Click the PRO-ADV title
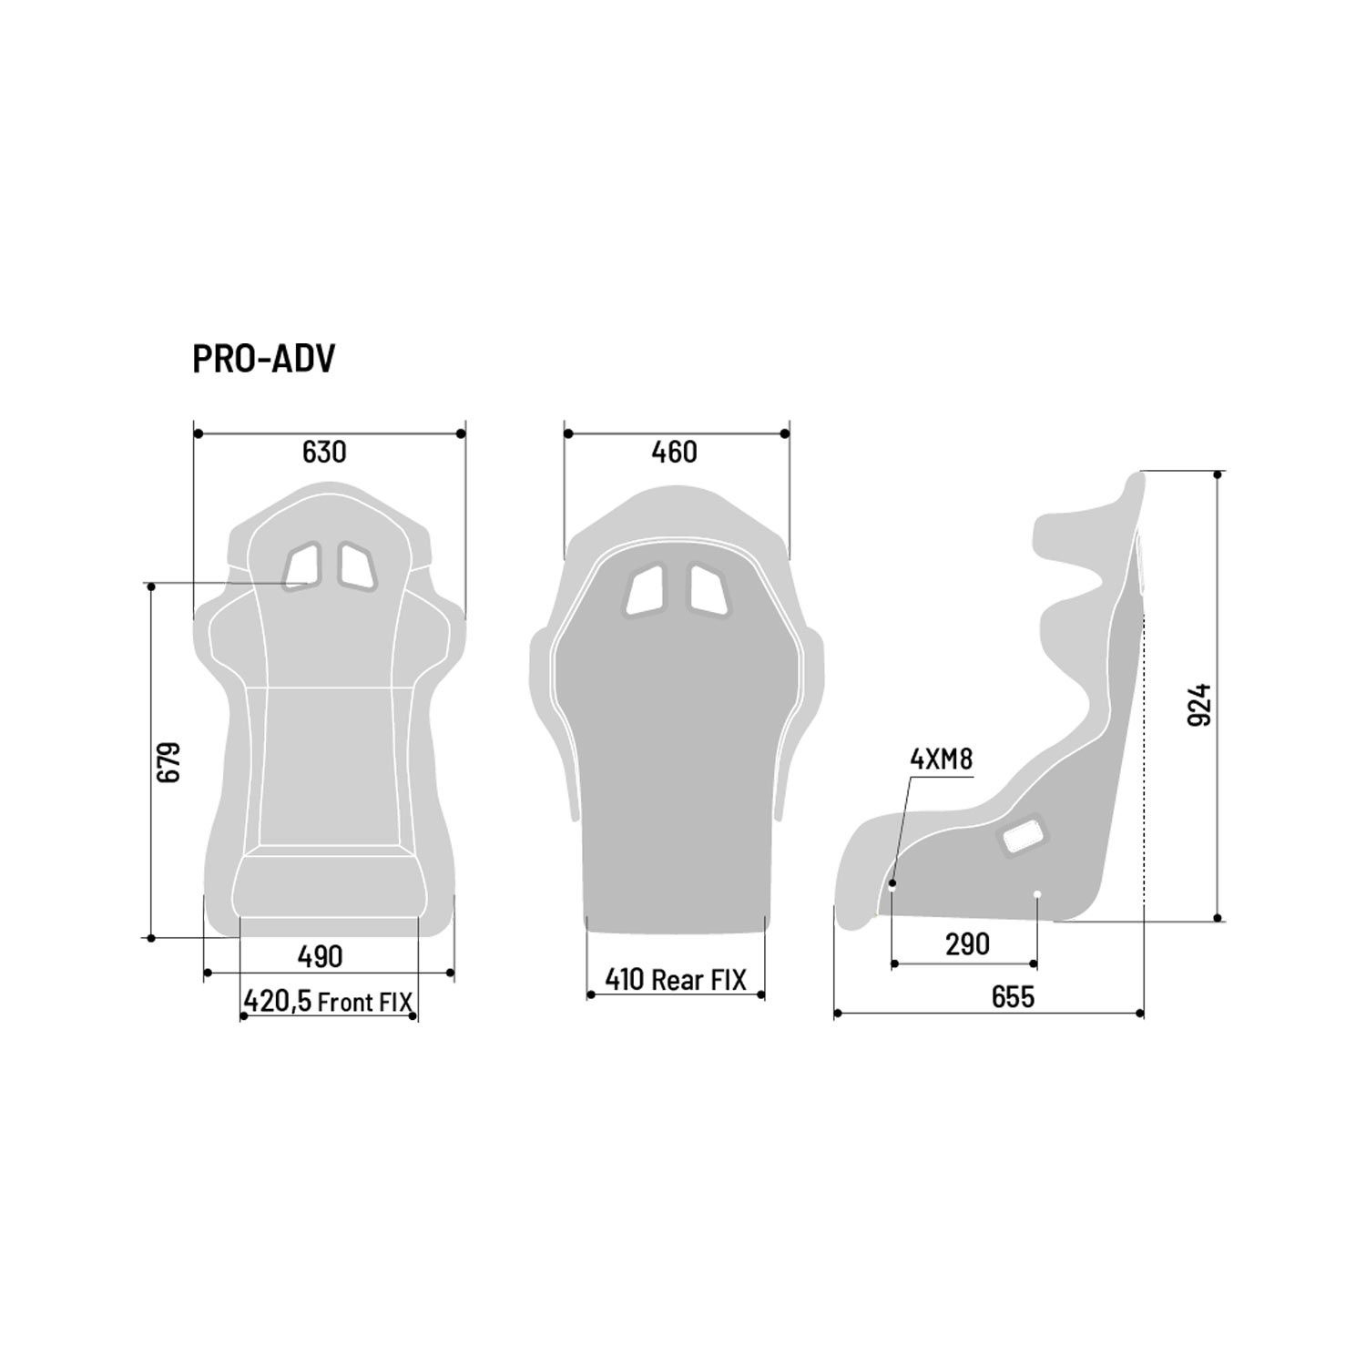[x=264, y=359]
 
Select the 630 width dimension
[x=324, y=452]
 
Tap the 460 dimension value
[x=675, y=452]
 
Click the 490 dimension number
[x=320, y=956]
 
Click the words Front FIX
[x=365, y=1003]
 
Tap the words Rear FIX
[x=698, y=979]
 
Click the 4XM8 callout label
[x=942, y=759]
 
